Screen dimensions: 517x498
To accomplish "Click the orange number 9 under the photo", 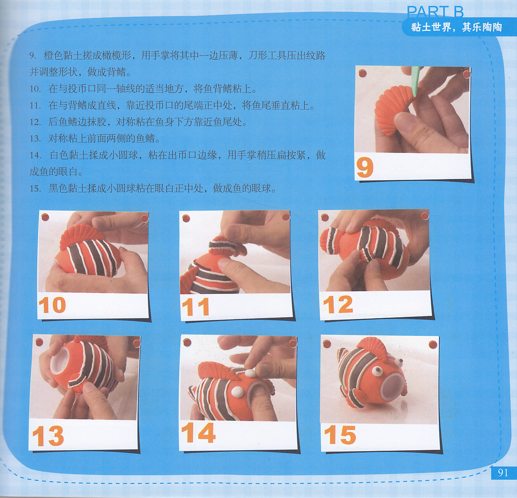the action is (365, 167).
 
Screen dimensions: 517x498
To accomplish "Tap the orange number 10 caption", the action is (52, 305).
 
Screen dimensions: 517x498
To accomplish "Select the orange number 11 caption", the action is (195, 307).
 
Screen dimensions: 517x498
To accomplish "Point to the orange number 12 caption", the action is (338, 304).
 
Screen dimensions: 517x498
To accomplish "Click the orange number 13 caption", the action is (48, 436).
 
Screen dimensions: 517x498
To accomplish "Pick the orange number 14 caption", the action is (198, 432).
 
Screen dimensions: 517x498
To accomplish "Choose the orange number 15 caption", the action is (340, 435).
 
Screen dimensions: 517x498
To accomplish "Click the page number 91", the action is (503, 473).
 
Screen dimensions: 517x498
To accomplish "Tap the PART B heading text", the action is (435, 12).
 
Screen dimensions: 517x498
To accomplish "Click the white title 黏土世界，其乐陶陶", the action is (456, 27).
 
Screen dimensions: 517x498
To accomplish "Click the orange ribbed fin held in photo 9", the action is (392, 109).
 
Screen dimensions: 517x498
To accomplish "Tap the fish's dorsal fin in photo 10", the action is (77, 236).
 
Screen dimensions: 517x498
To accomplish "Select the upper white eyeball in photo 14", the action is (250, 373).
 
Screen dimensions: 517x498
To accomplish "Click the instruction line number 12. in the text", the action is (35, 122).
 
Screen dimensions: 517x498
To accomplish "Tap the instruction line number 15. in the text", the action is (35, 189).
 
